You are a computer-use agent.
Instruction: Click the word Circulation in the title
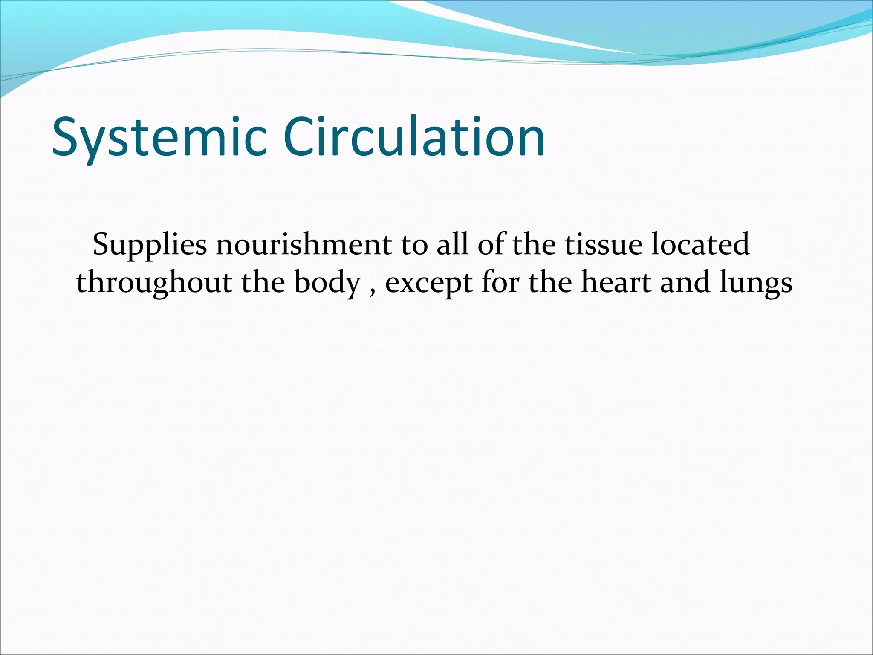(413, 136)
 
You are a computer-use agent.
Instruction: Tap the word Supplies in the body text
(150, 246)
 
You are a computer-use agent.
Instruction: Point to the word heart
(616, 282)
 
